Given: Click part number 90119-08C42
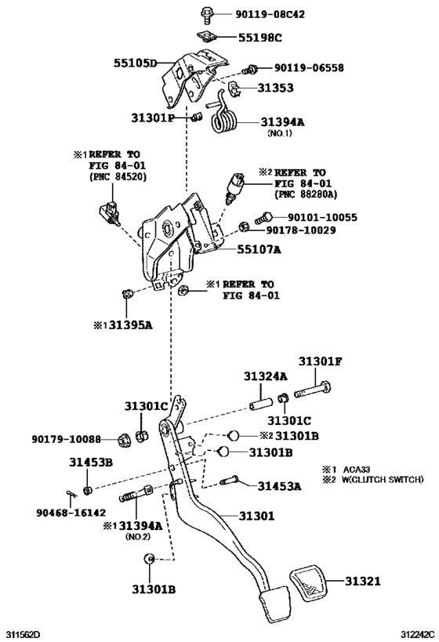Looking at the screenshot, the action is click(x=270, y=14).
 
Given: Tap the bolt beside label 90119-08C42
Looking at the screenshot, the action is click(x=206, y=14).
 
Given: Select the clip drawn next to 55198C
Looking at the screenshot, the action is click(x=206, y=38).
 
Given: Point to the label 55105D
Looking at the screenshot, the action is click(x=135, y=63).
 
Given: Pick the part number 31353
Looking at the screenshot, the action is click(x=275, y=88).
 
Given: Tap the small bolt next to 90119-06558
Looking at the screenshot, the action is click(x=249, y=70).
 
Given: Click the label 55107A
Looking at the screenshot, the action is click(x=259, y=249).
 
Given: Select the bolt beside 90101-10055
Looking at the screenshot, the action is click(x=263, y=217).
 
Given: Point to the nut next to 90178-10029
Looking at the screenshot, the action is click(x=244, y=227).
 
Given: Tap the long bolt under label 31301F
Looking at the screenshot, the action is click(x=313, y=389).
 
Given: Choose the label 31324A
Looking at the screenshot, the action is click(x=266, y=376).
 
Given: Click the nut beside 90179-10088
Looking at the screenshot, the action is click(x=123, y=440).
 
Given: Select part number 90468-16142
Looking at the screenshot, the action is click(x=71, y=512).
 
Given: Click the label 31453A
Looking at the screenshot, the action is click(x=279, y=486).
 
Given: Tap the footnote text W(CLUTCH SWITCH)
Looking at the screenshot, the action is click(x=383, y=480).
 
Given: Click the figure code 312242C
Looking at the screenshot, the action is click(x=417, y=635).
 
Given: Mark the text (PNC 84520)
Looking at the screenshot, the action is click(x=118, y=177).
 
